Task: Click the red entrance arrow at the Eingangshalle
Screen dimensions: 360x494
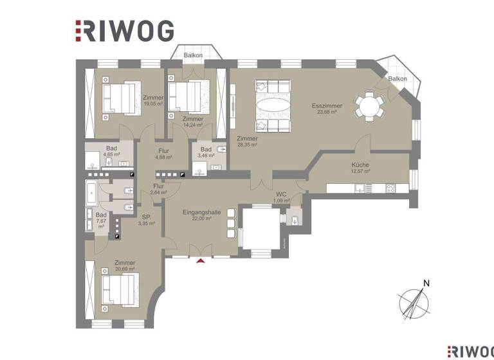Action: pyautogui.click(x=201, y=260)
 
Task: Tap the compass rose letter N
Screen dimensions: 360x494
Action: pyautogui.click(x=425, y=283)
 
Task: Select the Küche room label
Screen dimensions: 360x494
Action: pyautogui.click(x=360, y=165)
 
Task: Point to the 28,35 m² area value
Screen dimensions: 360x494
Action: pyautogui.click(x=246, y=145)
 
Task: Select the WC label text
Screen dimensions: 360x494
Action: pyautogui.click(x=281, y=194)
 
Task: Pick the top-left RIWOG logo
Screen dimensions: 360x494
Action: pyautogui.click(x=124, y=30)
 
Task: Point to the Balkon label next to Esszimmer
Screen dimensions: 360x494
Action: pyautogui.click(x=398, y=78)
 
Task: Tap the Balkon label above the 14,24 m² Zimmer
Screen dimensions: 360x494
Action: pyautogui.click(x=193, y=55)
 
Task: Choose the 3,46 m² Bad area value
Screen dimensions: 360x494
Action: pyautogui.click(x=206, y=156)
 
